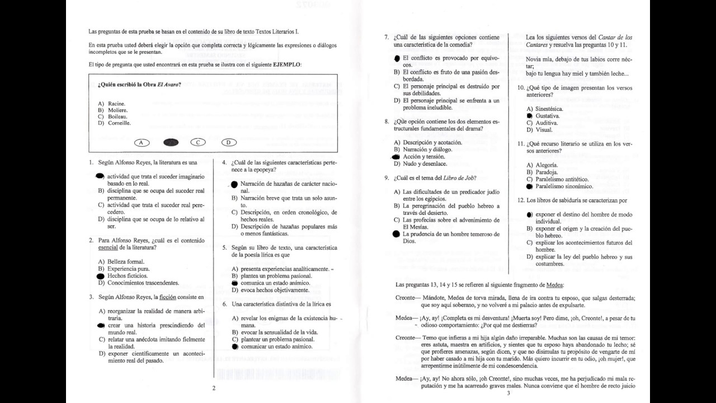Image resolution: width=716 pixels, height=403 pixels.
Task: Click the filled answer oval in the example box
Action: click(171, 142)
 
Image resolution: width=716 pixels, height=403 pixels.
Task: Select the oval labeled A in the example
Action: click(142, 142)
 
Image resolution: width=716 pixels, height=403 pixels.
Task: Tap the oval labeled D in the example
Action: click(229, 142)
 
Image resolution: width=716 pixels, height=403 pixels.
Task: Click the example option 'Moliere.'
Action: click(117, 110)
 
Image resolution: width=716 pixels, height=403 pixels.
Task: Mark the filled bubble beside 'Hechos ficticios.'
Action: click(101, 276)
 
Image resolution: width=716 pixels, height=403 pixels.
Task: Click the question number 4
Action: click(224, 162)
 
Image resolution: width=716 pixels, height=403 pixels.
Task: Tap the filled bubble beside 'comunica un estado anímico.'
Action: click(235, 284)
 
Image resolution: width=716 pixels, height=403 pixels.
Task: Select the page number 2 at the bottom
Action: click(214, 387)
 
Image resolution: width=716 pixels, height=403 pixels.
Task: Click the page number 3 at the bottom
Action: click(508, 393)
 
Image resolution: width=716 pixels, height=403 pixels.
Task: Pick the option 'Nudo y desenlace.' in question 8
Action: click(425, 164)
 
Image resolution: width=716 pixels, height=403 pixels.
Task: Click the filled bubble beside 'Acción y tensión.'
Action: click(397, 157)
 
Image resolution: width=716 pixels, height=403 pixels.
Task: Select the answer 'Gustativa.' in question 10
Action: click(548, 116)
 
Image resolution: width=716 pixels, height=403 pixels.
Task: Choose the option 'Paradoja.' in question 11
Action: click(547, 172)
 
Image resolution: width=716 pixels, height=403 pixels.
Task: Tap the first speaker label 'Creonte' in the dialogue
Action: click(405, 298)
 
